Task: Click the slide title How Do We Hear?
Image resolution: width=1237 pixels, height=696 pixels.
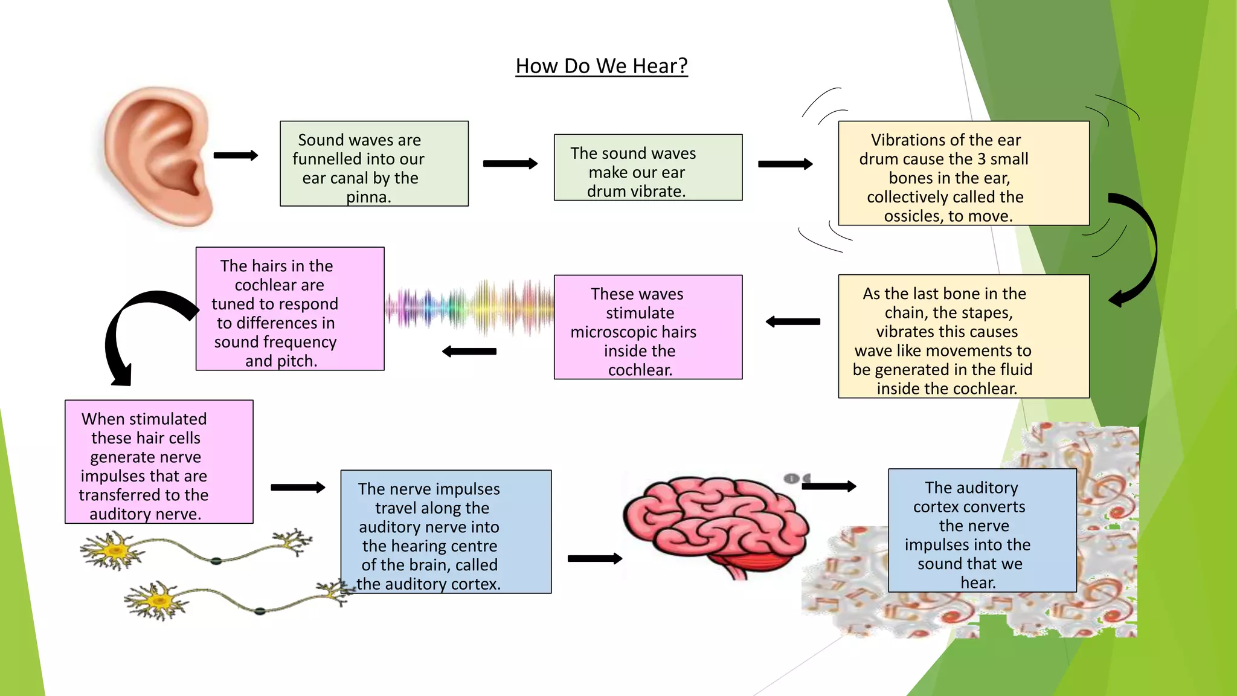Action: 602,66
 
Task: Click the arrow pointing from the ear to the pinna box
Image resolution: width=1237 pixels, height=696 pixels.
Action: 236,155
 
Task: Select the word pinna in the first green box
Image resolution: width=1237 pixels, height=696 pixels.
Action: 368,197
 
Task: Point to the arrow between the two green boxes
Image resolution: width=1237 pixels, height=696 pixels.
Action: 510,163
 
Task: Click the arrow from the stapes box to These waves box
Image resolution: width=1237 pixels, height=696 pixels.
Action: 792,322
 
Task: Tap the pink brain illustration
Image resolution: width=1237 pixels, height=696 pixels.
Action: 715,522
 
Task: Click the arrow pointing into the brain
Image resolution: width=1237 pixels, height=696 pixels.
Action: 594,559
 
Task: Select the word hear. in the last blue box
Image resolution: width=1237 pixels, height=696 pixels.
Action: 978,582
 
